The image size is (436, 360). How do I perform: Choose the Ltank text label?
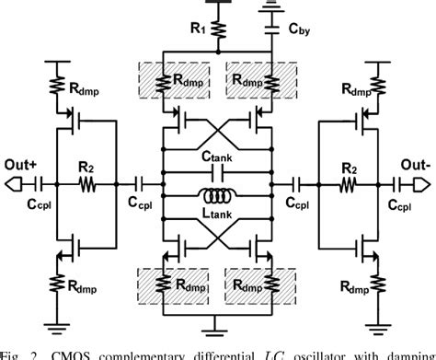pyautogui.click(x=218, y=213)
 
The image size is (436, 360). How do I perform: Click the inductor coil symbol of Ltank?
pyautogui.click(x=219, y=194)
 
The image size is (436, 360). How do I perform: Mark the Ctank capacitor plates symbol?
pyautogui.click(x=219, y=172)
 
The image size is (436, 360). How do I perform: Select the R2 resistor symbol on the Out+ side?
pyautogui.click(x=86, y=183)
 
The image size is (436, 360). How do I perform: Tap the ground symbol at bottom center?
pyautogui.click(x=219, y=323)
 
